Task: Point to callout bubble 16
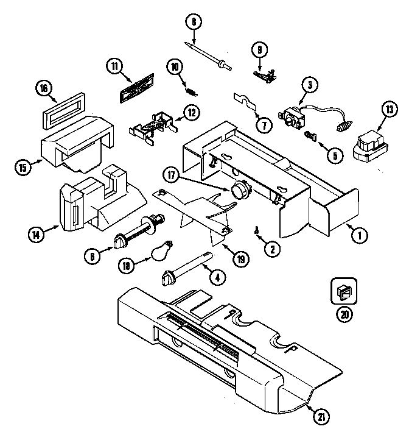(x=44, y=88)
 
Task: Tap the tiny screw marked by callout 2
(x=257, y=230)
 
